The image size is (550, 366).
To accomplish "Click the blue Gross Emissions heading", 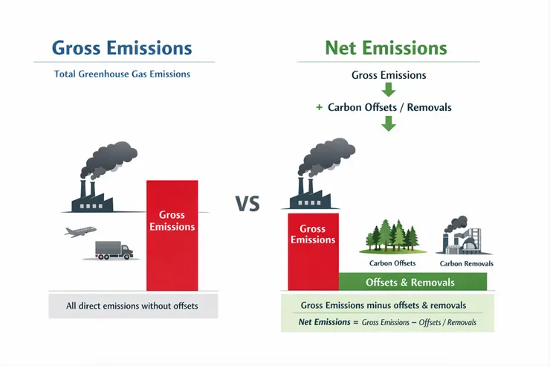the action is click(x=122, y=48).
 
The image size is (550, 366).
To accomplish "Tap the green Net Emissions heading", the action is click(x=386, y=48).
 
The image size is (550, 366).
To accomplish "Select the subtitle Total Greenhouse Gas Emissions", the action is click(x=122, y=74).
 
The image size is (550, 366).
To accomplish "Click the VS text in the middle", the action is click(x=247, y=204).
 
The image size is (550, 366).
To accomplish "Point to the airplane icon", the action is click(x=80, y=231).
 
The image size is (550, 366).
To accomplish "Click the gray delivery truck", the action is click(x=114, y=250).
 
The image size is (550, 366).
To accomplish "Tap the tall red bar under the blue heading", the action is click(x=172, y=236).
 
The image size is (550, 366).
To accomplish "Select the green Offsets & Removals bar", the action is click(x=412, y=282).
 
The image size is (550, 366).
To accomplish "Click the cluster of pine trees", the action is click(x=392, y=236).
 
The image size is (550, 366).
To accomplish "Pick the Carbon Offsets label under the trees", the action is click(x=392, y=263).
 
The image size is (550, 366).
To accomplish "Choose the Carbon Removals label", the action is click(x=467, y=263).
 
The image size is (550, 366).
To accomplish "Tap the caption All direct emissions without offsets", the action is click(x=132, y=306).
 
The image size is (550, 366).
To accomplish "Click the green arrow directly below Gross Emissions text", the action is click(x=389, y=89).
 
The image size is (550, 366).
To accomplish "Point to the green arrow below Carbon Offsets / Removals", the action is click(x=389, y=123).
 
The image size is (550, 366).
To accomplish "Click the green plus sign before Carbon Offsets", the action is click(x=319, y=107).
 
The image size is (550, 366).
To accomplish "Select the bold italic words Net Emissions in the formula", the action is click(x=325, y=322).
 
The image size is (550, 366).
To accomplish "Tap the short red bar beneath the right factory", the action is click(x=313, y=251).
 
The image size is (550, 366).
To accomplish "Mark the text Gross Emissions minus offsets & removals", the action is click(x=384, y=305).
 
